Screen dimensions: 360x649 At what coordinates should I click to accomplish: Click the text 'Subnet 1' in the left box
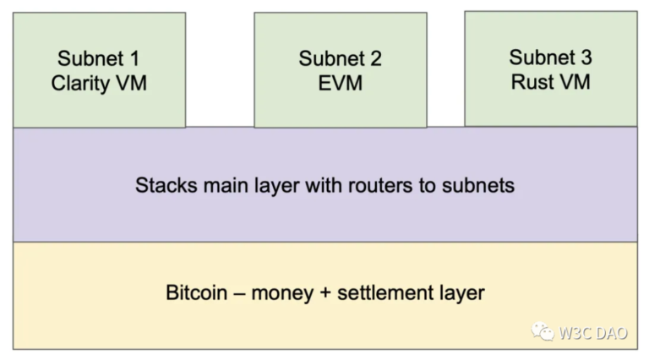99,59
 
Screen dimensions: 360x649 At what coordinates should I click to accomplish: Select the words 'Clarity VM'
99,84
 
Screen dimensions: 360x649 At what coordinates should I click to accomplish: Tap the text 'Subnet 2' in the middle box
340,59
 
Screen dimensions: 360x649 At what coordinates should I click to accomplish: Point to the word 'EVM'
340,84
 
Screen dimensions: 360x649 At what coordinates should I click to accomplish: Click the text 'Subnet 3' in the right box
550,57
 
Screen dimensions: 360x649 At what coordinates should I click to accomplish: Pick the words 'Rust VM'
550,82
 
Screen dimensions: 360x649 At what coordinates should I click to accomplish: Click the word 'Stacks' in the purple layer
162,185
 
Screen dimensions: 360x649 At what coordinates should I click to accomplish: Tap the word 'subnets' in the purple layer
479,185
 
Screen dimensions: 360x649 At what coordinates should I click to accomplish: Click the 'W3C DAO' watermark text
592,333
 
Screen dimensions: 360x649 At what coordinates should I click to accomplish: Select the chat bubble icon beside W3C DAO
543,332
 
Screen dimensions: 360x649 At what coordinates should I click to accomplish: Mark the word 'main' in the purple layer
222,185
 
